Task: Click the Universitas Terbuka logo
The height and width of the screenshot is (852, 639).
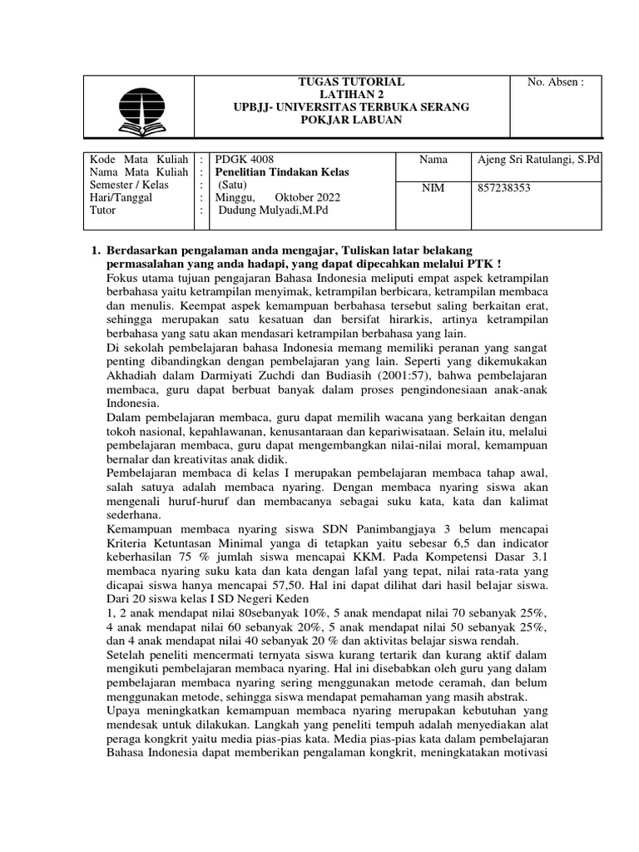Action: (141, 108)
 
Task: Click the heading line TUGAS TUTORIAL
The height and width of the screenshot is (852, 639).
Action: (350, 82)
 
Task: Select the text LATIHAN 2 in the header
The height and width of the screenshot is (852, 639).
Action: (350, 95)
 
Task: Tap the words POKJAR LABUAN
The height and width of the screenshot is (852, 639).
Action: (350, 121)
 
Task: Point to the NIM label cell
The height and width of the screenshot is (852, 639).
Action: (433, 189)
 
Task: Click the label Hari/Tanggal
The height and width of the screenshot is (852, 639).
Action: (121, 197)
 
